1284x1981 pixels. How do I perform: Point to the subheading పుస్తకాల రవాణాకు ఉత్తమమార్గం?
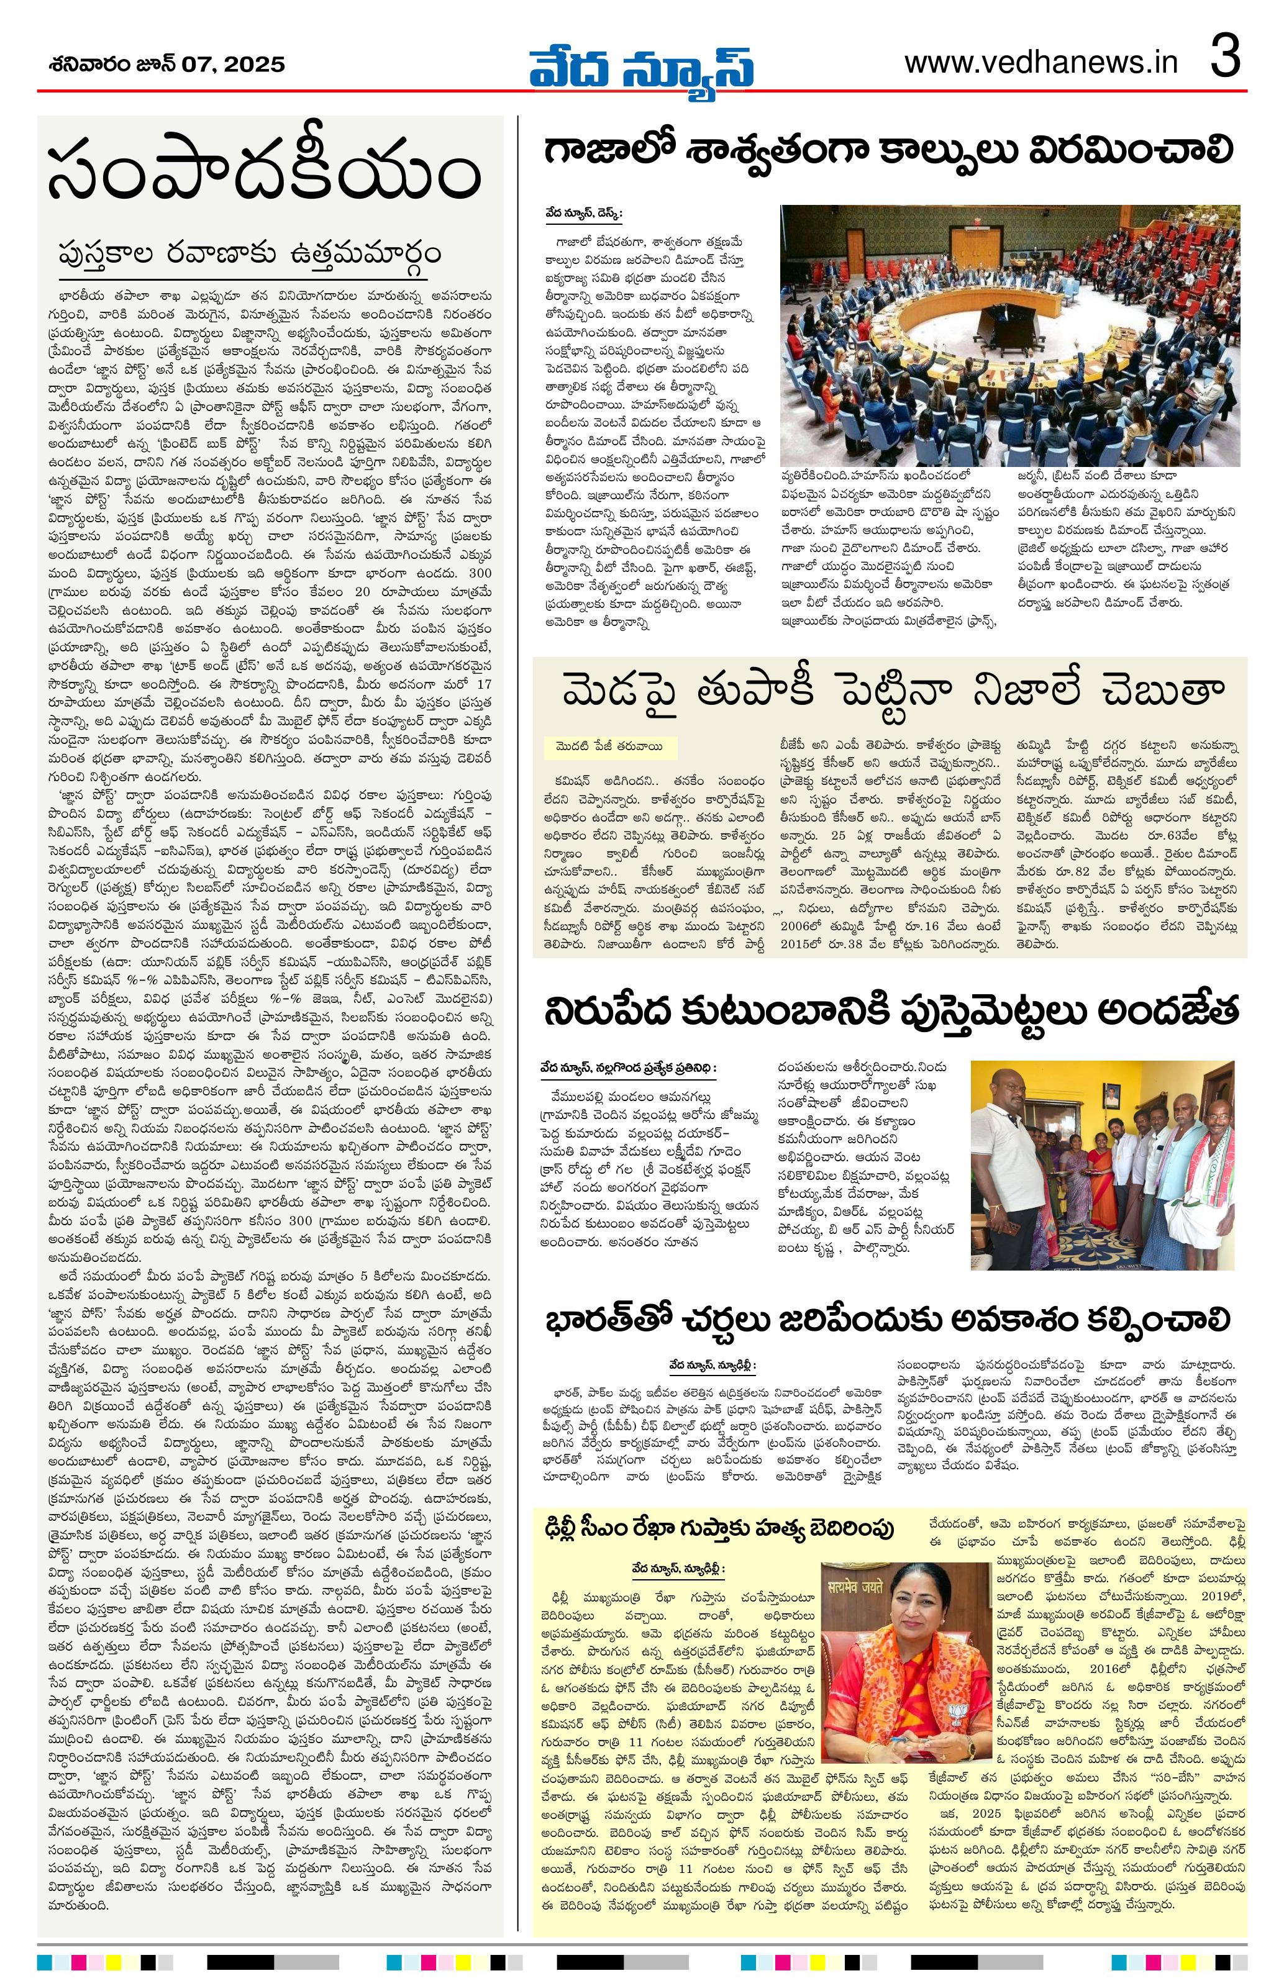[x=250, y=252]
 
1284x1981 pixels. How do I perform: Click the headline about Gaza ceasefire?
[x=888, y=152]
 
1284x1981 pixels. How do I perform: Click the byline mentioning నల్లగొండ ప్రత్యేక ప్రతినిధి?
[x=628, y=1066]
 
